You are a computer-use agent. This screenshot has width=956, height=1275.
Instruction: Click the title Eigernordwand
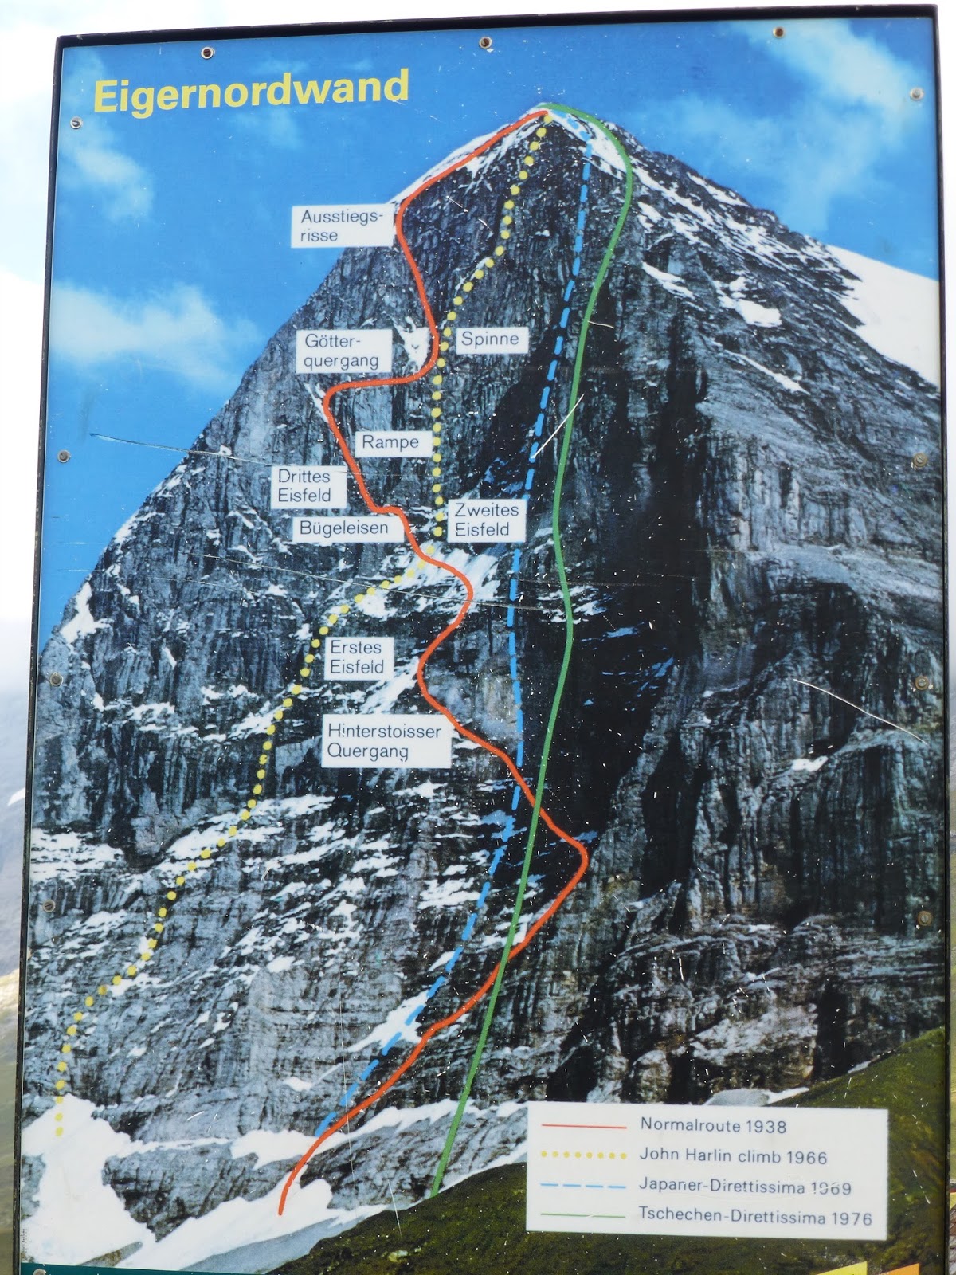251,92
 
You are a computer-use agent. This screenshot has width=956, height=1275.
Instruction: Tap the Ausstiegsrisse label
343,226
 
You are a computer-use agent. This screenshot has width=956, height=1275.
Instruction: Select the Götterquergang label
343,351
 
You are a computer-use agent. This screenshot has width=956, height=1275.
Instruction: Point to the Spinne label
490,339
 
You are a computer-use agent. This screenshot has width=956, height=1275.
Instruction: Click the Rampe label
390,442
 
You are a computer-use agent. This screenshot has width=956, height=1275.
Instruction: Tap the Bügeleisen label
344,528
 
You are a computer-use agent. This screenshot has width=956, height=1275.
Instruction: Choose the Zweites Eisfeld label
486,520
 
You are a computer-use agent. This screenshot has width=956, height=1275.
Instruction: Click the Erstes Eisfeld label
357,657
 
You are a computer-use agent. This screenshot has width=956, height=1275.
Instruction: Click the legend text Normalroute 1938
713,1126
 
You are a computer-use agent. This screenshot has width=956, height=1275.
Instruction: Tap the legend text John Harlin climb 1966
733,1156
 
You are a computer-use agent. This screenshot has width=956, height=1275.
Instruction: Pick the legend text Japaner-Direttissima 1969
745,1187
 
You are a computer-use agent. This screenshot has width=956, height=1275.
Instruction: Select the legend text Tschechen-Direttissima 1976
755,1217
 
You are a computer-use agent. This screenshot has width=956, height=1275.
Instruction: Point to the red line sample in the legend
584,1127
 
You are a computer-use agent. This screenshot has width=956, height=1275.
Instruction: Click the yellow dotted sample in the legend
584,1155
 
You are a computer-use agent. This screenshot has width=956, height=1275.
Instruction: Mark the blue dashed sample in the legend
584,1186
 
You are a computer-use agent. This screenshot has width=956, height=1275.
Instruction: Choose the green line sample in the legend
584,1216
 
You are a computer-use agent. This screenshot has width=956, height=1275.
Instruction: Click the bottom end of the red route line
281,1213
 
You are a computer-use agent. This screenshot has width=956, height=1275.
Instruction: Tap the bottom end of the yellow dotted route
59,1132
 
